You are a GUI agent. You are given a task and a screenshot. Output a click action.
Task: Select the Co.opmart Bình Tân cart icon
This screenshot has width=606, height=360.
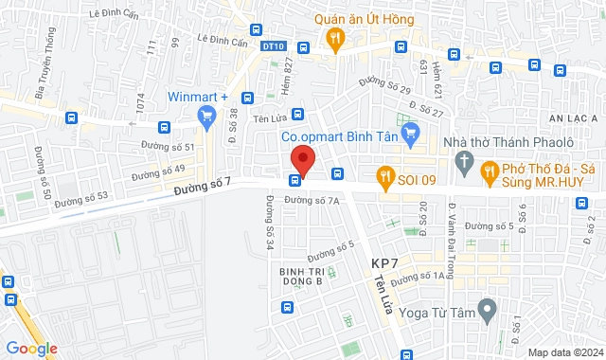[x=410, y=136]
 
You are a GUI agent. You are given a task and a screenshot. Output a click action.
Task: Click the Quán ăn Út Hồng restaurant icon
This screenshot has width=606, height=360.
[x=333, y=38]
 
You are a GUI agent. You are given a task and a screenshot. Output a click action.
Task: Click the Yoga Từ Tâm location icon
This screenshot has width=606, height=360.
[x=488, y=308]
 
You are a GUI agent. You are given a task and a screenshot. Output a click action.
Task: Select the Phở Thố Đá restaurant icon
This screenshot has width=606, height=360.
[x=490, y=171]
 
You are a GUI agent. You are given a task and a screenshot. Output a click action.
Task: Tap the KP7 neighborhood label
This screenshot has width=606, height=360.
[x=386, y=262]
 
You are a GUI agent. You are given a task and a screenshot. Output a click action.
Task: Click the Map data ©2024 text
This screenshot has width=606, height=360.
[x=564, y=352]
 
